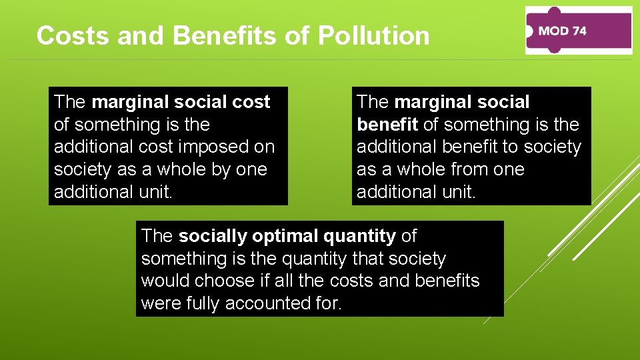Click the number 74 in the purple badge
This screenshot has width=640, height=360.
(579, 31)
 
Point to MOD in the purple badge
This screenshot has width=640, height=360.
(552, 31)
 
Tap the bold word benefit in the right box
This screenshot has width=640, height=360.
(387, 125)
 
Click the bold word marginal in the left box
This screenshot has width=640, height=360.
(131, 102)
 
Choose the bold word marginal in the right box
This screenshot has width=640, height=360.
(433, 102)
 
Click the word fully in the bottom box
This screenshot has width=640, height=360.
(199, 303)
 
